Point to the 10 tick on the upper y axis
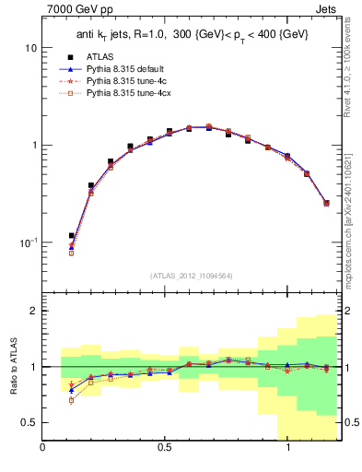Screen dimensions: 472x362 pyautogui.click(x=30, y=47)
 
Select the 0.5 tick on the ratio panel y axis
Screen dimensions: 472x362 pyautogui.click(x=29, y=422)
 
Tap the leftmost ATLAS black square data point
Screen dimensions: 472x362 pyautogui.click(x=72, y=236)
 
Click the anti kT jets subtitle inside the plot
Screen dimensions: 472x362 pyautogui.click(x=192, y=36)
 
